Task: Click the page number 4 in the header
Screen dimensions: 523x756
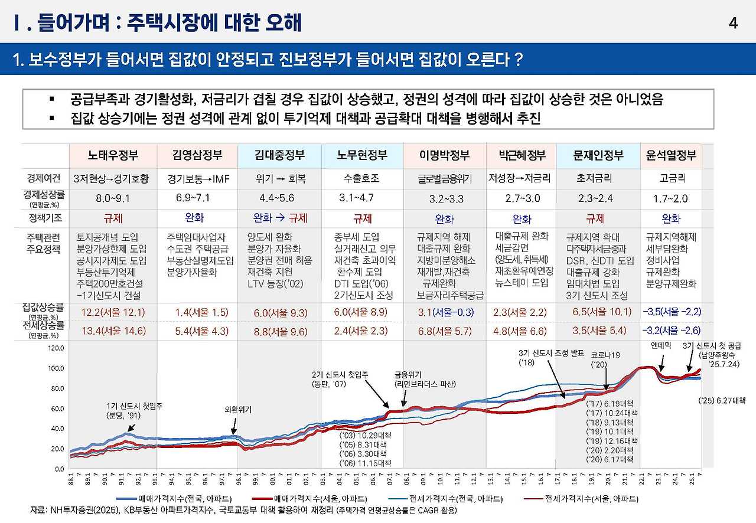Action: click(x=733, y=24)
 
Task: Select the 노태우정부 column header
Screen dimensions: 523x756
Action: click(x=113, y=156)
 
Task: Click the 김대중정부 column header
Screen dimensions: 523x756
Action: click(x=280, y=156)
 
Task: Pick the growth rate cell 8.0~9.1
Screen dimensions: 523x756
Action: click(x=113, y=198)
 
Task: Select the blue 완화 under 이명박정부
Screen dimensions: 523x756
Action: click(x=444, y=219)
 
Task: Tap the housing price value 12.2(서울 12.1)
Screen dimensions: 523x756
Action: click(x=113, y=312)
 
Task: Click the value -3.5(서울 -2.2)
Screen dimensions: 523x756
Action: click(x=671, y=311)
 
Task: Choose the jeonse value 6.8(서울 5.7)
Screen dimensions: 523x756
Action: click(x=444, y=331)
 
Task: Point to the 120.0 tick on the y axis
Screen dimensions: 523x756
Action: click(x=56, y=348)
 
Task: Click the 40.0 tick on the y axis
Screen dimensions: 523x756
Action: click(x=57, y=429)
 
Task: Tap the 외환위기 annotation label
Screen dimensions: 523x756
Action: click(x=239, y=408)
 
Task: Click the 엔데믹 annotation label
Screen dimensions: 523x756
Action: click(x=660, y=345)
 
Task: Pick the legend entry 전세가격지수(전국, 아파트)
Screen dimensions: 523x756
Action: click(x=461, y=499)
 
